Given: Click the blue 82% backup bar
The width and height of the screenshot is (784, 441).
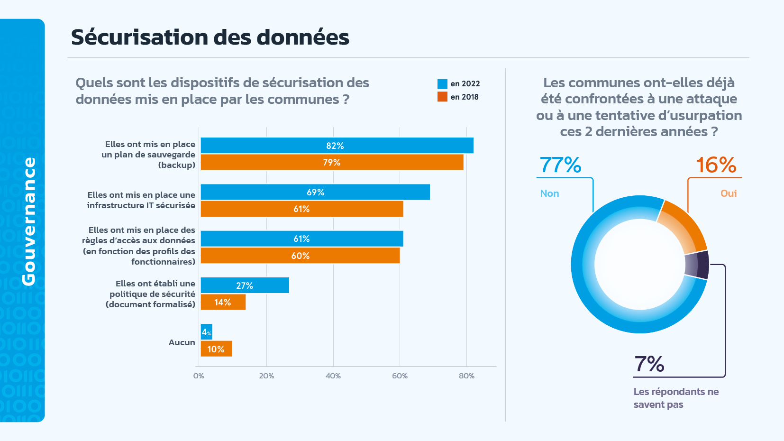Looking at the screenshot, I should pos(337,146).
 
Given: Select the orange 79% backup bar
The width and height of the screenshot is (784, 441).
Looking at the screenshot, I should pos(332,162).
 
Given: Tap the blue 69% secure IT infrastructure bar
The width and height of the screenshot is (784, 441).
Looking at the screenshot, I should pos(315,192).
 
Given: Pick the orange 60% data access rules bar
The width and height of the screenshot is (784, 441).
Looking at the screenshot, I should pos(300,256).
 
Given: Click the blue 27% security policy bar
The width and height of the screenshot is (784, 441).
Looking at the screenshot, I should pos(245,285).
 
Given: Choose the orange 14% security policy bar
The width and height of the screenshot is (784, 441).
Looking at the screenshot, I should pos(223,302).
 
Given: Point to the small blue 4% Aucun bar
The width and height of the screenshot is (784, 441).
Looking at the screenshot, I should pos(206,332).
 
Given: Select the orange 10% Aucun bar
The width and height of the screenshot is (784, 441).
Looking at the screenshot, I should pos(216,349).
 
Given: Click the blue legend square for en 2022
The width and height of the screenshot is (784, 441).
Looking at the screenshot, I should pos(442,84).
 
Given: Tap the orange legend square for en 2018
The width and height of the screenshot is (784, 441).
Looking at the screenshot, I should pos(442,97).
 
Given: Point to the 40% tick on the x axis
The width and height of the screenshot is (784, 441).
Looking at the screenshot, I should pos(333,376).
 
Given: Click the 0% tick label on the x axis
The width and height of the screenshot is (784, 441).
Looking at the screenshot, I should pos(199,376).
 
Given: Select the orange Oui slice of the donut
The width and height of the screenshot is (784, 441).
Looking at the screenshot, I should pos(685,226).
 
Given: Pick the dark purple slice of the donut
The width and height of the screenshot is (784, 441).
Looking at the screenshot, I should pos(698,265).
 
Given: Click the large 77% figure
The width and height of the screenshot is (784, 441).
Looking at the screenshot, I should pos(560,165).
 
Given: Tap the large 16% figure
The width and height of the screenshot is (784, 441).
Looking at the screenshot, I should pos(716,165).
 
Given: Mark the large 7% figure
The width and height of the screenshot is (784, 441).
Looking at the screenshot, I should pos(649,364).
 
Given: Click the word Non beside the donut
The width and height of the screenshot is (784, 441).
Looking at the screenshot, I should pos(549,193).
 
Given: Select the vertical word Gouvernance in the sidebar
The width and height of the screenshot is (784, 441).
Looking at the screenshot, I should pos(28,221).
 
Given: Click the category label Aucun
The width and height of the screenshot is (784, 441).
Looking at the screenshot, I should pos(182,342).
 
